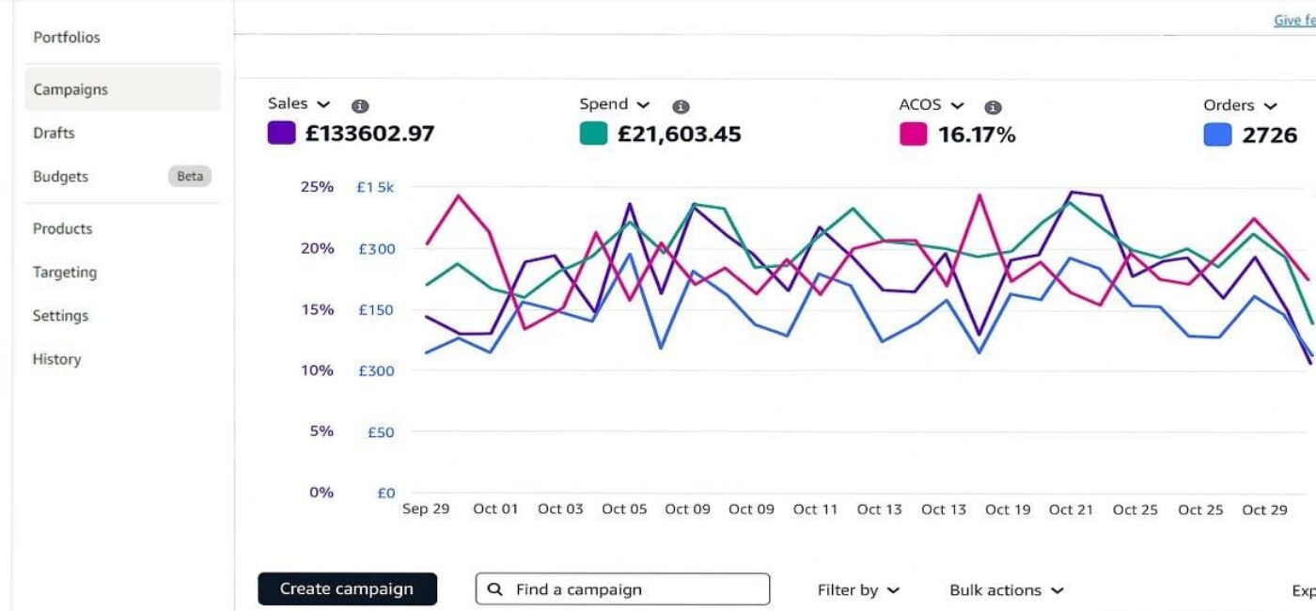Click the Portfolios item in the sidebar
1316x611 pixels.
[x=66, y=38]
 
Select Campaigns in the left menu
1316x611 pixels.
[x=70, y=90]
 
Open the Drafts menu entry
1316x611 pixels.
[x=54, y=133]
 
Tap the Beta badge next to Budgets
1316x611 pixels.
[x=190, y=177]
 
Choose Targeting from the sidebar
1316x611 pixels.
[x=65, y=273]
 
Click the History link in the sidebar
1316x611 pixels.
[x=56, y=359]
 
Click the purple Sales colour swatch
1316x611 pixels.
[x=281, y=133]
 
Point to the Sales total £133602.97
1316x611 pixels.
[x=369, y=133]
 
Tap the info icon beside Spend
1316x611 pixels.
[x=681, y=107]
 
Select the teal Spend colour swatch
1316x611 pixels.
[x=593, y=133]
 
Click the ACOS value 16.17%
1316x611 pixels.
[x=977, y=134]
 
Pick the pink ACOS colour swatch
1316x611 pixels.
[x=913, y=134]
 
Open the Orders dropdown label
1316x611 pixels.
[x=1239, y=105]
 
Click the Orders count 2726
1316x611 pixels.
[x=1269, y=135]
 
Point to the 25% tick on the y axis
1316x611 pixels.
[x=317, y=187]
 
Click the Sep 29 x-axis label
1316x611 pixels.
[x=426, y=509]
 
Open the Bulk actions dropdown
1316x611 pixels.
[x=1006, y=590]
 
